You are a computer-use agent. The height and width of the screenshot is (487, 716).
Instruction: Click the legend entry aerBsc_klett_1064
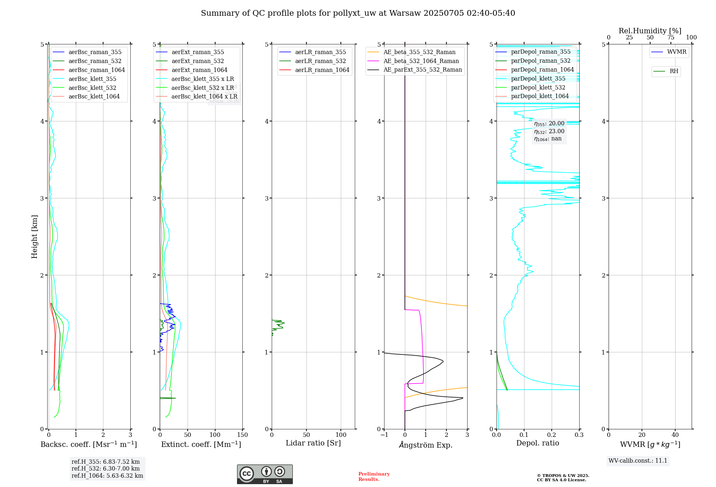(x=94, y=97)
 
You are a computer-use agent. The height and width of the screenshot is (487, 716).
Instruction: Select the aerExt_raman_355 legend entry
(x=198, y=52)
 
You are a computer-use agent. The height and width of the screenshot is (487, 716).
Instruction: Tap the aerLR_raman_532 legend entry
(x=320, y=61)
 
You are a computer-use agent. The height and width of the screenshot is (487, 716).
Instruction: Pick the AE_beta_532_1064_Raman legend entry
(x=421, y=61)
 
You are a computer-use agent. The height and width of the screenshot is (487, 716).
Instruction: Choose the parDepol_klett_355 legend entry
(x=538, y=79)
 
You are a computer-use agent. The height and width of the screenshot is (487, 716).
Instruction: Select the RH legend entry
(x=674, y=71)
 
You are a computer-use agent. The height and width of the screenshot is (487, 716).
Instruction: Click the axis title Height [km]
(x=34, y=237)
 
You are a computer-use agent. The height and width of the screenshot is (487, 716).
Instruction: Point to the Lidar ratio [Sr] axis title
(x=313, y=443)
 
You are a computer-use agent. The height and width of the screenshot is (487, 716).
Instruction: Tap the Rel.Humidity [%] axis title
(x=650, y=31)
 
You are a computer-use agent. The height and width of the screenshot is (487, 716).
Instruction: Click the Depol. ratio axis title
(x=537, y=443)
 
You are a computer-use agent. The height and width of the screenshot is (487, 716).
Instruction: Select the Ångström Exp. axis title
(x=426, y=445)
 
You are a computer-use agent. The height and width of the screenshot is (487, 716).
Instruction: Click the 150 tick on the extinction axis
(x=242, y=435)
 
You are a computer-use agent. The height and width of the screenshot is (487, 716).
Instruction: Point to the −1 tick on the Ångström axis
(x=384, y=435)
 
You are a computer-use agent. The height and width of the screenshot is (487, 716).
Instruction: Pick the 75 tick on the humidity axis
(x=671, y=38)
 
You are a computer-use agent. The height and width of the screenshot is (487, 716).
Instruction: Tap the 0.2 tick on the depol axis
(x=552, y=435)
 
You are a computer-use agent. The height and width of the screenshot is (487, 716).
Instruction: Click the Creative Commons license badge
(x=265, y=474)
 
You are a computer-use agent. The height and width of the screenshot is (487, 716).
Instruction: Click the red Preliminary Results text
(x=374, y=477)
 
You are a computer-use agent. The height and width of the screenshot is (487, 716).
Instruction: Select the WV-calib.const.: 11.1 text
(x=638, y=461)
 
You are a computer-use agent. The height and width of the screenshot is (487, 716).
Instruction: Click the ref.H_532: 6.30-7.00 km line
(x=106, y=469)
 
